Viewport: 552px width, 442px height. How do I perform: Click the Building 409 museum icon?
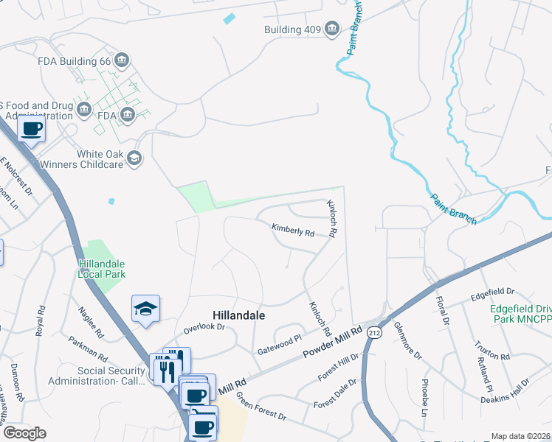click(x=332, y=29)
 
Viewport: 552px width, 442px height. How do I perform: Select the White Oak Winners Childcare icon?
click(x=134, y=158)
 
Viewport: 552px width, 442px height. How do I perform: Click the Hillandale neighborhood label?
click(x=238, y=314)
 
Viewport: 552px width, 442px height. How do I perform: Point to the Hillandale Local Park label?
click(x=102, y=269)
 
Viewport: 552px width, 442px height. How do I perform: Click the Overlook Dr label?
click(x=203, y=326)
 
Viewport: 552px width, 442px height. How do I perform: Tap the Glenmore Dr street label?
click(x=407, y=340)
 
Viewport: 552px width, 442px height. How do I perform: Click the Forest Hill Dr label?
click(x=337, y=367)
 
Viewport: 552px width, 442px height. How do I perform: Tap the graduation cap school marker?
click(x=145, y=309)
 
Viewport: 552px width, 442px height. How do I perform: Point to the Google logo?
click(x=24, y=433)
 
